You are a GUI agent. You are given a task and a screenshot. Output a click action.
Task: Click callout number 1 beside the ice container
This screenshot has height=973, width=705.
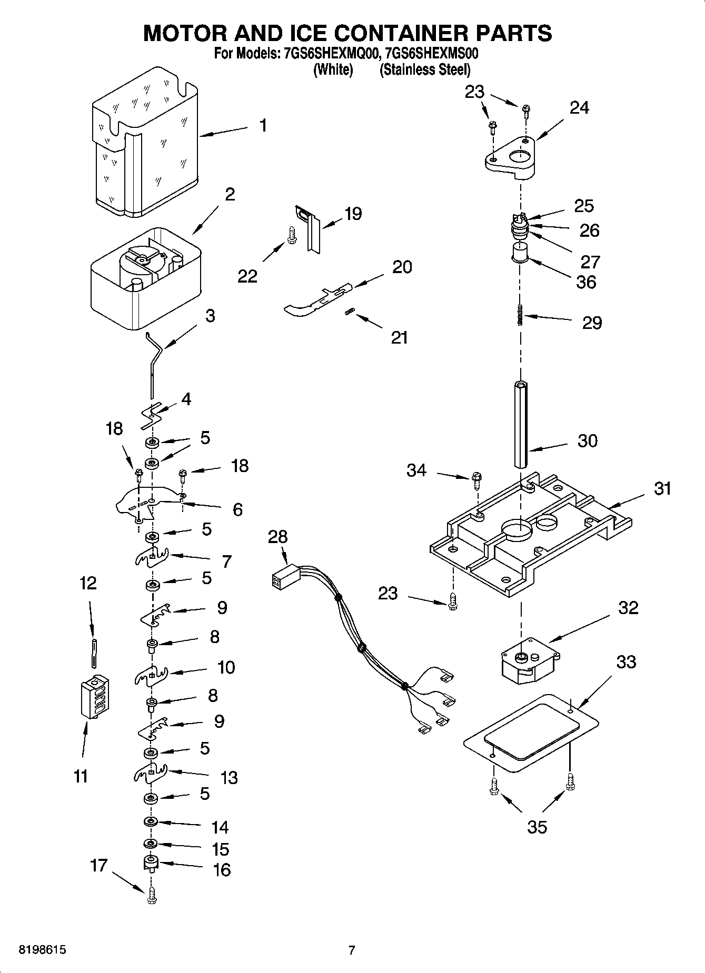click(x=263, y=126)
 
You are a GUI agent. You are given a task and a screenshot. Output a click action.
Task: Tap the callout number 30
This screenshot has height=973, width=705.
click(x=587, y=440)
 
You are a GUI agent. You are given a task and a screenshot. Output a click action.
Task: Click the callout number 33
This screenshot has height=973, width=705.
click(x=625, y=661)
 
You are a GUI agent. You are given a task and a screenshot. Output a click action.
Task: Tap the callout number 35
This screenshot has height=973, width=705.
click(x=537, y=827)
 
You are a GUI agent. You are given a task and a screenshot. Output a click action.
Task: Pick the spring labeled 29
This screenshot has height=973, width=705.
click(x=520, y=315)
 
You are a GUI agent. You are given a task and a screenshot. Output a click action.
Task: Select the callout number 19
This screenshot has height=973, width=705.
click(x=353, y=214)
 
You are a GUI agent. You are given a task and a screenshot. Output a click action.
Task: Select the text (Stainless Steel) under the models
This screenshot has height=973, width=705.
click(x=425, y=69)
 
